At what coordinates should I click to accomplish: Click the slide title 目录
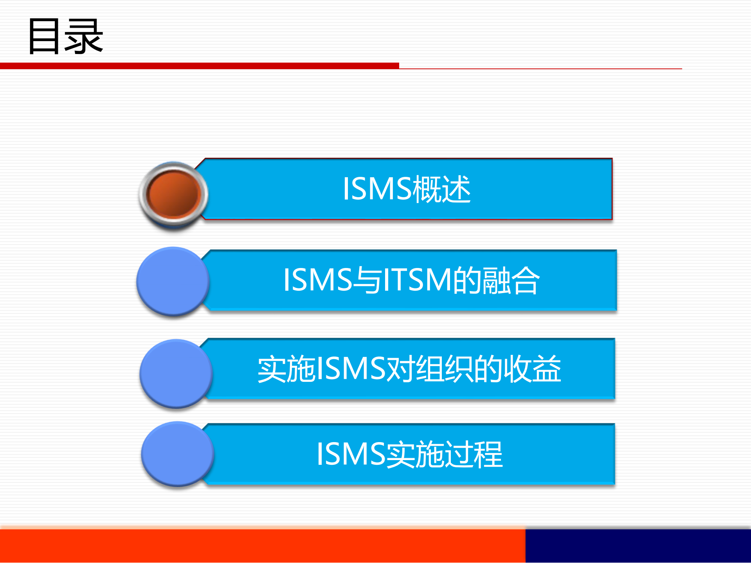[x=65, y=36]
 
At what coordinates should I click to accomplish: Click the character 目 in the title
[x=44, y=36]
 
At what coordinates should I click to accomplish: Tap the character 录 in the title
[x=84, y=36]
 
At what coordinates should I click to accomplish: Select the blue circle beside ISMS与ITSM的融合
[x=173, y=281]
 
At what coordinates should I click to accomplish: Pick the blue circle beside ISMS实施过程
[x=177, y=454]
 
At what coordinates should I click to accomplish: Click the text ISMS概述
[x=406, y=189]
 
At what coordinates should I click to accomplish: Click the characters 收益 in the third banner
[x=532, y=369]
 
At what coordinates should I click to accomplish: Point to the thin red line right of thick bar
[x=540, y=68]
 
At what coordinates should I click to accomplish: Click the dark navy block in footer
[x=638, y=546]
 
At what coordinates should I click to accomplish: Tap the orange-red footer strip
[x=262, y=546]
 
